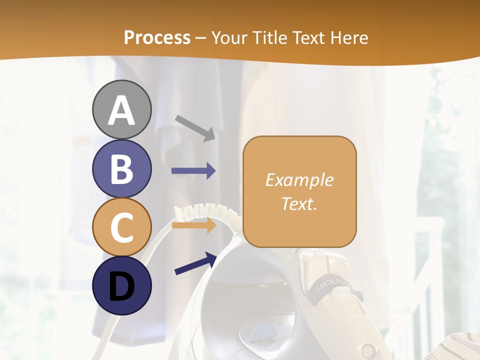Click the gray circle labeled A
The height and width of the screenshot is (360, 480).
[x=121, y=109]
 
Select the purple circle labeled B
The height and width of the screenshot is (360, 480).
[x=121, y=168]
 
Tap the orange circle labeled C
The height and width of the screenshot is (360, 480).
[x=121, y=227]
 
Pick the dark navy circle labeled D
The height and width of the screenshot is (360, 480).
[x=121, y=285]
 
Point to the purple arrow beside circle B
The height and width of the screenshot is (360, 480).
[x=193, y=171]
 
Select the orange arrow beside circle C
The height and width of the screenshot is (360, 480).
[x=193, y=225]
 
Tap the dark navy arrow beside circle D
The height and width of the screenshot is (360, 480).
[x=195, y=263]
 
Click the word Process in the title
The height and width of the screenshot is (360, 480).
[x=157, y=37]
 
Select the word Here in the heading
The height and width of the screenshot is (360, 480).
[x=348, y=37]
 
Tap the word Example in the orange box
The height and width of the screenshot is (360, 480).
[x=299, y=180]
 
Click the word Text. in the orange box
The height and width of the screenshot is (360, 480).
[x=299, y=203]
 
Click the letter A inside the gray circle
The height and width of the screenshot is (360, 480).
[x=121, y=110]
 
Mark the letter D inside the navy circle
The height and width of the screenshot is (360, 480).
[x=121, y=286]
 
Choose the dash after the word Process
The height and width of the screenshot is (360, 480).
[x=201, y=38]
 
